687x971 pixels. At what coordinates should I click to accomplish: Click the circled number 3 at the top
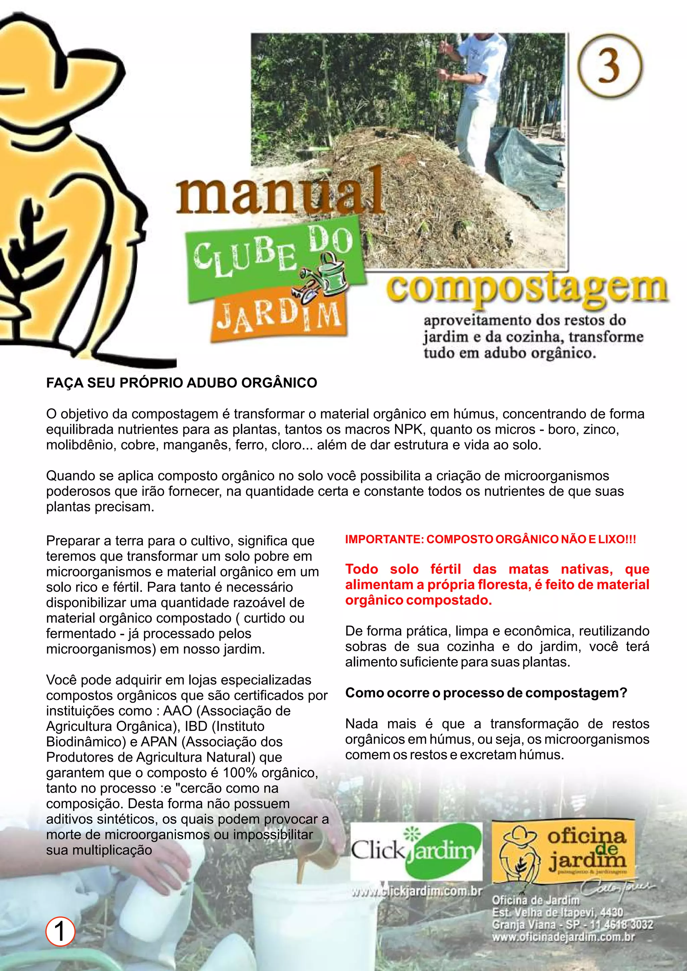[x=610, y=66]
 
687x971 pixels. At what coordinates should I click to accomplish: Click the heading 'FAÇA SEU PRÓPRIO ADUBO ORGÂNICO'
[x=181, y=383]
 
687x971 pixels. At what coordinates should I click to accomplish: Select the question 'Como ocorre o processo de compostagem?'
[x=486, y=693]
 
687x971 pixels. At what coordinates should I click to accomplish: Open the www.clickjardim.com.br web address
[x=417, y=891]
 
